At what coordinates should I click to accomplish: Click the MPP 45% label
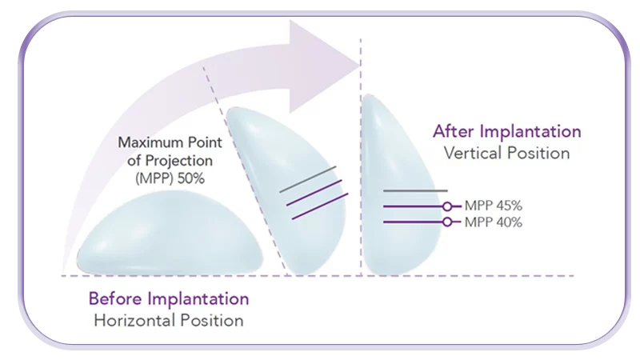point(493,206)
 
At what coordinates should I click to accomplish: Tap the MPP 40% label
point(493,222)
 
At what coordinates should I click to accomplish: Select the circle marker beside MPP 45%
point(447,206)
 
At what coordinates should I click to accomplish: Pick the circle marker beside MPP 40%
point(447,222)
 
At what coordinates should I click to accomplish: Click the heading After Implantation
point(507,132)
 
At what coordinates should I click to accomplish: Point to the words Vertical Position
point(506,153)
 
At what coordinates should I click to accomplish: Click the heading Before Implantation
point(169,298)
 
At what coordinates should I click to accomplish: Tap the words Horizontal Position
point(169,321)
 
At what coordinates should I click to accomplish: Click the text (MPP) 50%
point(170,178)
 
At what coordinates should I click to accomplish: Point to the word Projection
point(178,161)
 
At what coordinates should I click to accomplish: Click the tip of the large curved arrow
point(360,65)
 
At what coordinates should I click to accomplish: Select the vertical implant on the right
point(402,185)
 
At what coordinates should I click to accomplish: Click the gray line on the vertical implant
point(415,190)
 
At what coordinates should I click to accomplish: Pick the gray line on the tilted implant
point(308,179)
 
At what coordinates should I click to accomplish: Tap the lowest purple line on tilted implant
point(320,206)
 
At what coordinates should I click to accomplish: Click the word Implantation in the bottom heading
point(198,299)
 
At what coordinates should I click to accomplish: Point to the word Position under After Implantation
point(538,153)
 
